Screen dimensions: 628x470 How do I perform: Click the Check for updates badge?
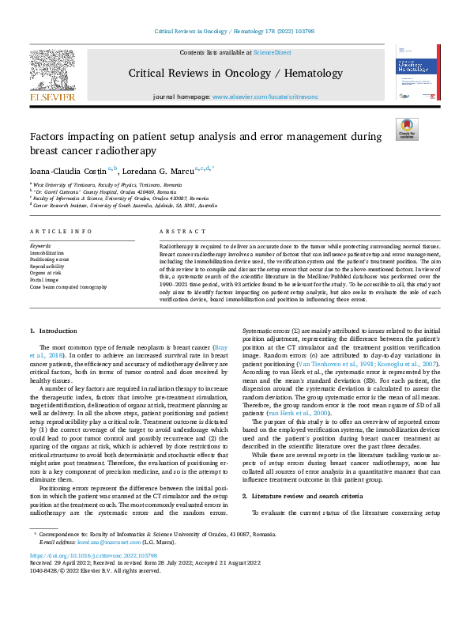[x=406, y=129]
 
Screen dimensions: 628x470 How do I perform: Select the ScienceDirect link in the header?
[x=272, y=51]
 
